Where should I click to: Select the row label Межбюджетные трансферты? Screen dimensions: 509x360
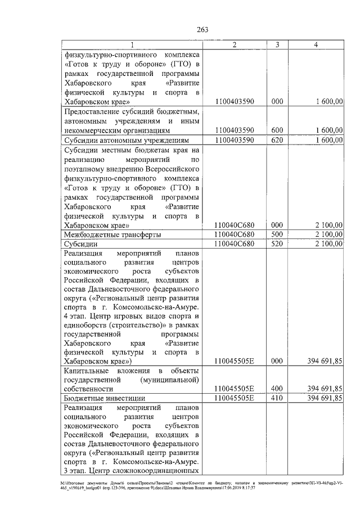click(x=112, y=235)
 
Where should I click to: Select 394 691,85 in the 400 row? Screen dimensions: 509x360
click(x=322, y=389)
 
